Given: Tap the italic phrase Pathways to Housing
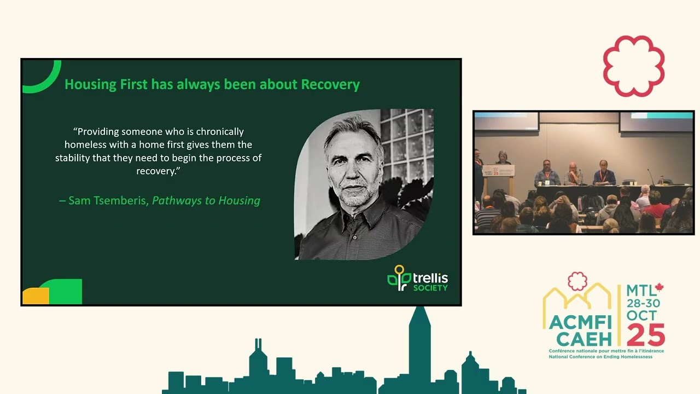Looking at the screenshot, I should [206, 201].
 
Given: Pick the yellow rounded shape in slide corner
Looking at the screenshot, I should [35, 296].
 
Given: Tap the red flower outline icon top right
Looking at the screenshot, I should [634, 66].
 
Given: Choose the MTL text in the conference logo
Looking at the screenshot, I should [640, 291].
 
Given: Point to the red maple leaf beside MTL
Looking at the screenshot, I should [659, 287].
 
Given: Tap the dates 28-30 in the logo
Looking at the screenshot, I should [643, 303].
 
